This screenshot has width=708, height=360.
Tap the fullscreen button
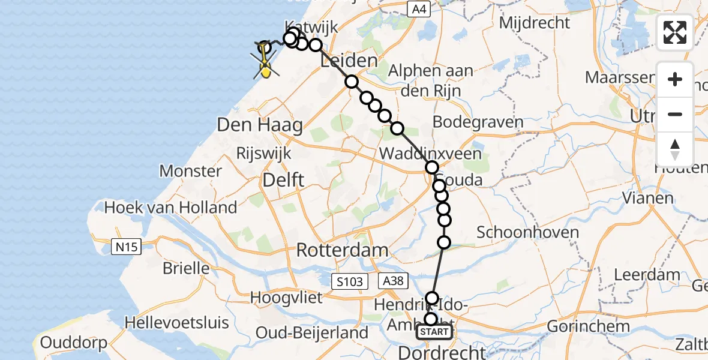pyautogui.click(x=675, y=32)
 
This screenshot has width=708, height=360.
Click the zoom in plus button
pyautogui.click(x=675, y=79)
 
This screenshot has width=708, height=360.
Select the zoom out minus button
pyautogui.click(x=675, y=114)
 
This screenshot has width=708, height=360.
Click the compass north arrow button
pyautogui.click(x=675, y=149)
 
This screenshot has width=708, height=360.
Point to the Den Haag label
pyautogui.click(x=260, y=125)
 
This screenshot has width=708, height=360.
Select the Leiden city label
pyautogui.click(x=350, y=61)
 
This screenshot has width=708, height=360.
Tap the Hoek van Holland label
pyautogui.click(x=171, y=208)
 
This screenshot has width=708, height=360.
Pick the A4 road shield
pyautogui.click(x=418, y=8)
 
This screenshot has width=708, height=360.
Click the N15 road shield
pyautogui.click(x=127, y=246)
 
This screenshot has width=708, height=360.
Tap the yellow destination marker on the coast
pyautogui.click(x=265, y=71)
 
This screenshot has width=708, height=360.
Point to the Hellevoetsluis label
pyautogui.click(x=176, y=322)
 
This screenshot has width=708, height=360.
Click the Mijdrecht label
pyautogui.click(x=534, y=23)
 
